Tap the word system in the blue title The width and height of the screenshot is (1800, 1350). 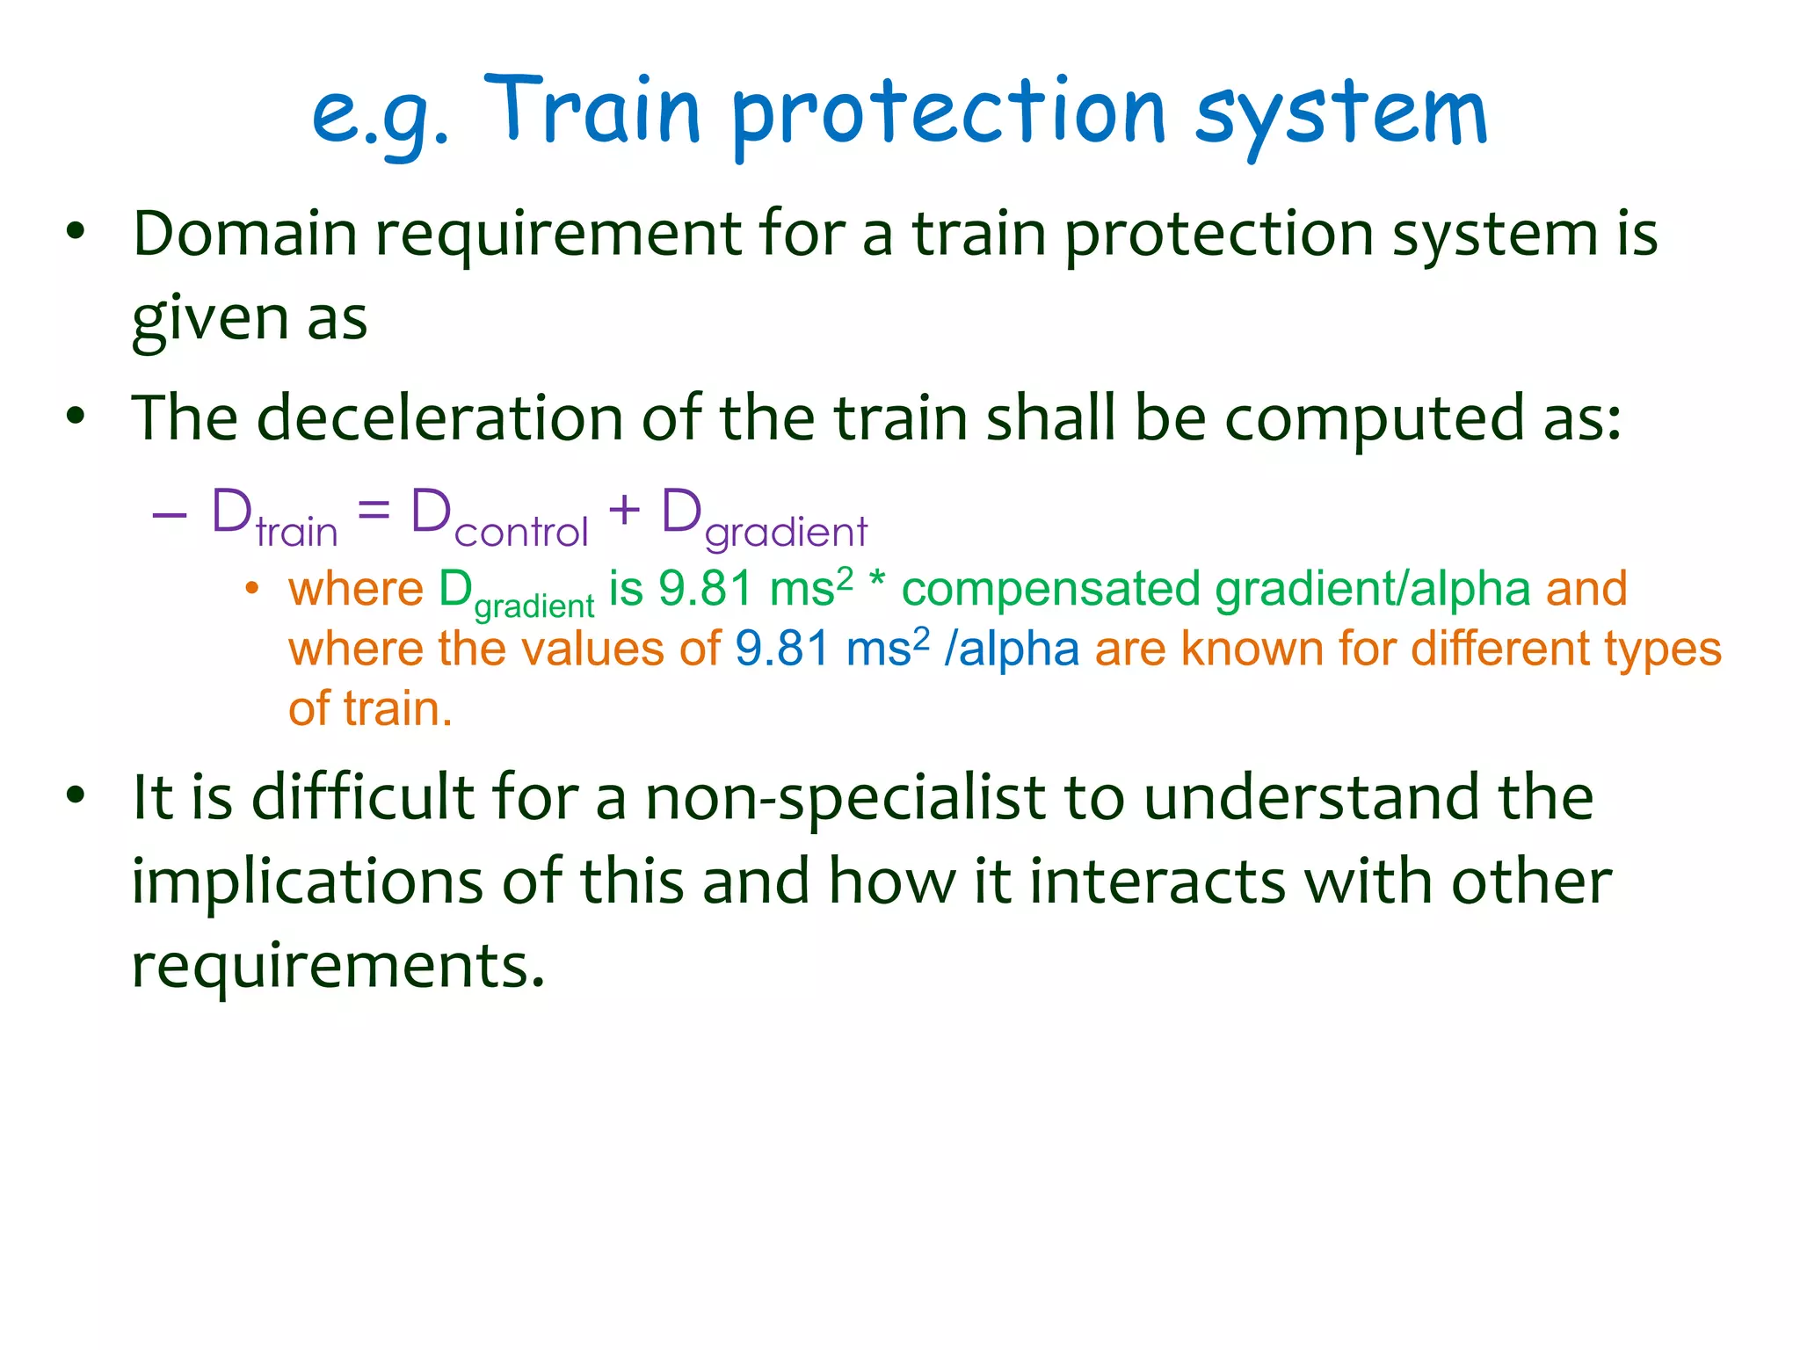[x=1341, y=114]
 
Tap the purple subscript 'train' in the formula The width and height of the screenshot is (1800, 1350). [x=296, y=533]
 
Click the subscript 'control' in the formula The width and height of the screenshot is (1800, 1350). [x=521, y=533]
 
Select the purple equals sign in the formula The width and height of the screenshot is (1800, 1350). [x=374, y=511]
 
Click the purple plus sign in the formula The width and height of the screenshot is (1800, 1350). [x=624, y=510]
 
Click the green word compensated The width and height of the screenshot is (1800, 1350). [x=1050, y=590]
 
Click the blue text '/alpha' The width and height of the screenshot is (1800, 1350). [x=1011, y=650]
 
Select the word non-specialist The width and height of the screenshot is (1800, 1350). [x=846, y=798]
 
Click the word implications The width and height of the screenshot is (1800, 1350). [x=307, y=882]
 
